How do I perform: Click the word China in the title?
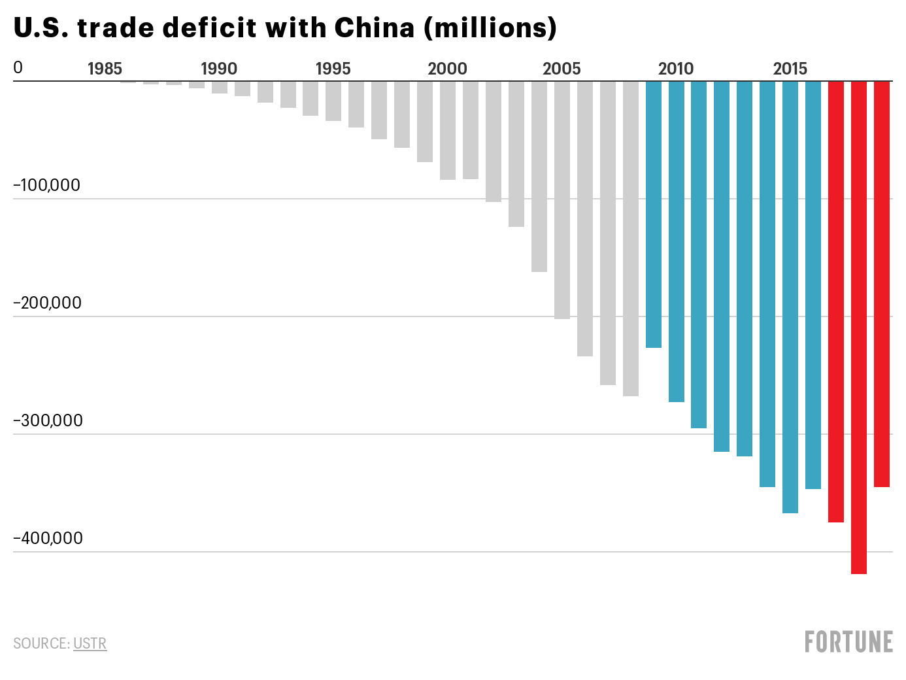pyautogui.click(x=374, y=28)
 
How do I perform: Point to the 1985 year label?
pyautogui.click(x=105, y=69)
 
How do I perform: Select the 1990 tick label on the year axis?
pyautogui.click(x=219, y=69)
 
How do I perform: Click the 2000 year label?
pyautogui.click(x=447, y=69)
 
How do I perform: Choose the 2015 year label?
pyautogui.click(x=790, y=69)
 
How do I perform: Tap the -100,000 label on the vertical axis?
pyautogui.click(x=46, y=186)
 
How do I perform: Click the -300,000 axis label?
pyautogui.click(x=48, y=420)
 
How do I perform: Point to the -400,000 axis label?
pyautogui.click(x=48, y=538)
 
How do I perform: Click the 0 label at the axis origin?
pyautogui.click(x=18, y=68)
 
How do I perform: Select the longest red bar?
pyautogui.click(x=858, y=328)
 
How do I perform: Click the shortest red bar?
pyautogui.click(x=882, y=284)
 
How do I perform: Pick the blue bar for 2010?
pyautogui.click(x=676, y=241)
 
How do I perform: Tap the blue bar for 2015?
pyautogui.click(x=790, y=297)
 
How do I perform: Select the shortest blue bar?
pyautogui.click(x=654, y=214)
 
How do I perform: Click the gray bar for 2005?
pyautogui.click(x=562, y=200)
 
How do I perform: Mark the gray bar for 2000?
pyautogui.click(x=447, y=131)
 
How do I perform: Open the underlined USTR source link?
pyautogui.click(x=90, y=643)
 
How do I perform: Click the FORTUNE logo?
pyautogui.click(x=849, y=641)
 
